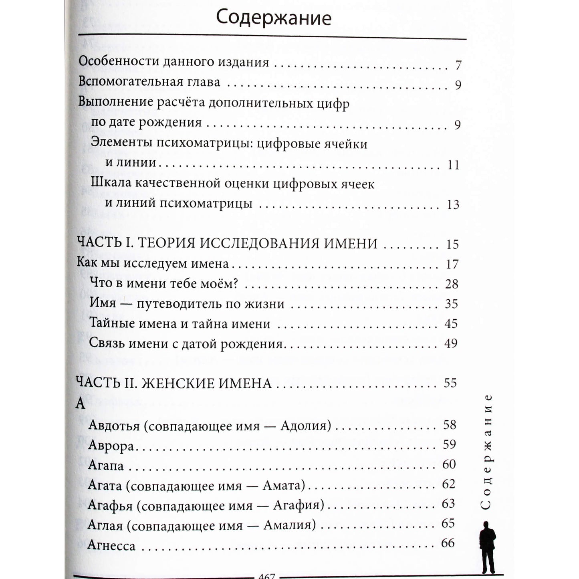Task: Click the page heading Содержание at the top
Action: pyautogui.click(x=274, y=18)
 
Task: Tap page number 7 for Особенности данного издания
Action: pyautogui.click(x=458, y=65)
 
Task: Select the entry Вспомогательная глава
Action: pyautogui.click(x=149, y=82)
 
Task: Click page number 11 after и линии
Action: pyautogui.click(x=453, y=165)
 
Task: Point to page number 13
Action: pyautogui.click(x=453, y=204)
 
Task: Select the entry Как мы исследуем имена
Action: pyautogui.click(x=153, y=264)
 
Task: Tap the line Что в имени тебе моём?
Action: pyautogui.click(x=164, y=284)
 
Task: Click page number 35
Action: pyautogui.click(x=451, y=304)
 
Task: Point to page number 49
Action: pyautogui.click(x=451, y=343)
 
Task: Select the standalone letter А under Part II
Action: pyautogui.click(x=81, y=403)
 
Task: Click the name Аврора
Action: pyautogui.click(x=111, y=445)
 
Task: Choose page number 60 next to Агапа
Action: pyautogui.click(x=449, y=464)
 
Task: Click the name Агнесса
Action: pyautogui.click(x=111, y=545)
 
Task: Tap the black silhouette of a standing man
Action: pyautogui.click(x=488, y=547)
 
